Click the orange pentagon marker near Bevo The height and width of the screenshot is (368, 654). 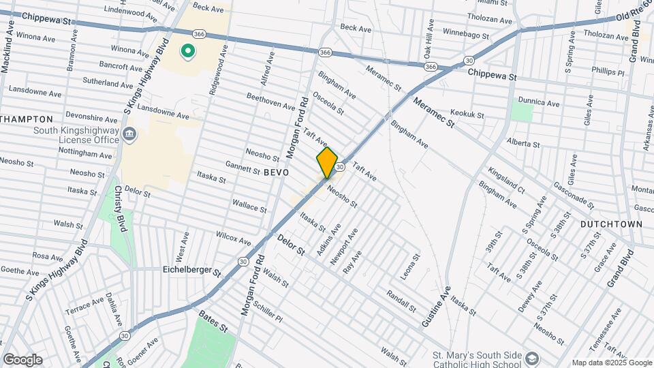coord(327,163)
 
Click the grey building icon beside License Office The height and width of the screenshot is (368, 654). coord(128,136)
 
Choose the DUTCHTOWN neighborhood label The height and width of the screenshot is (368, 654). coord(612,224)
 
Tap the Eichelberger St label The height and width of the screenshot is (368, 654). coord(192,271)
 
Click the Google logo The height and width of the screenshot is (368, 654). coord(22,360)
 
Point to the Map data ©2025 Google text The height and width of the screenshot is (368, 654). coord(611,363)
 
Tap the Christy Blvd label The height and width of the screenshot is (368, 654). coord(121,209)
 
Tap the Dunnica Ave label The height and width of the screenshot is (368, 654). coord(538,103)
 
